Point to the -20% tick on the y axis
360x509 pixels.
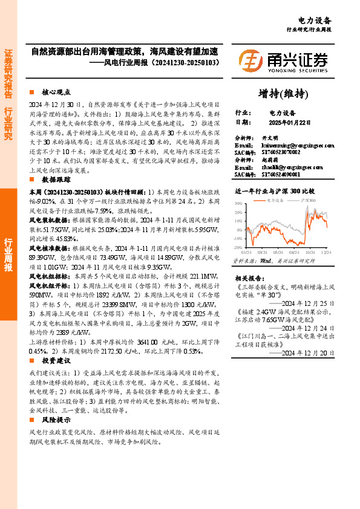click(x=238, y=247)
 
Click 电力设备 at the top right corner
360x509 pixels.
click(x=315, y=20)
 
